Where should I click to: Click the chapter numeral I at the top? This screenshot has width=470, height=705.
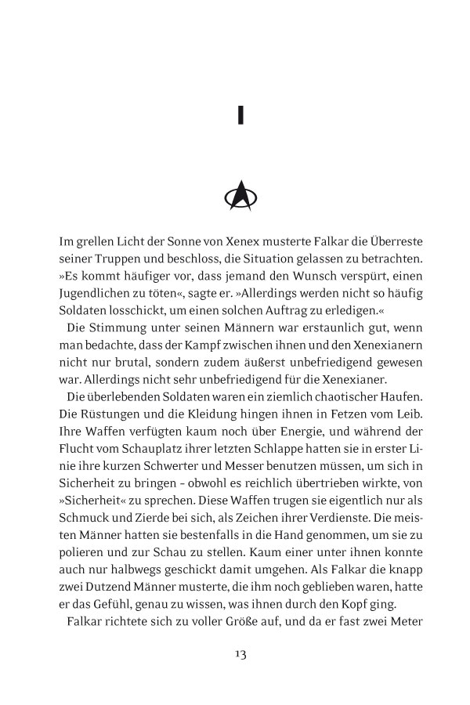click(240, 116)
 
